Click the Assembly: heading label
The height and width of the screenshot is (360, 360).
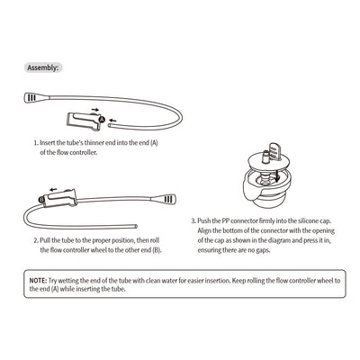(42, 67)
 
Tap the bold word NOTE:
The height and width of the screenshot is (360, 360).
(39, 281)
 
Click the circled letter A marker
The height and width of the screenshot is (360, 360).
(102, 117)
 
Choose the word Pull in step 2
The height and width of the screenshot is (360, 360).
(49, 242)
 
